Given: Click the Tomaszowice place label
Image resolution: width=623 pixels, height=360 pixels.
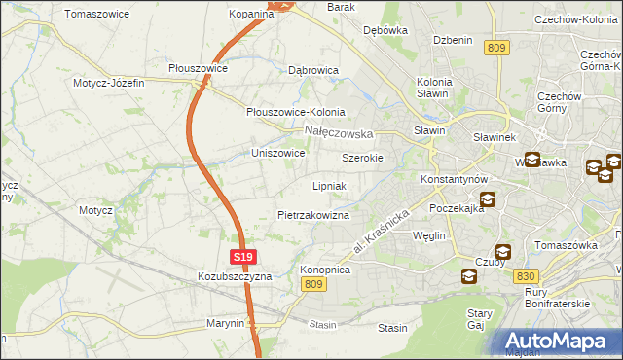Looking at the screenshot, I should (92, 14).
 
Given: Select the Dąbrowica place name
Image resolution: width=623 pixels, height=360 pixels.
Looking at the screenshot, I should (312, 70).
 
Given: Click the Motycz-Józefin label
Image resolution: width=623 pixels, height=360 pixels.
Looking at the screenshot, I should (108, 83).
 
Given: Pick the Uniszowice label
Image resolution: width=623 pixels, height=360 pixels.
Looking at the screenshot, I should (278, 153).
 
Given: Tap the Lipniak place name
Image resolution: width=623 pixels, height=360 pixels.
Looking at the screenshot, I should (330, 185).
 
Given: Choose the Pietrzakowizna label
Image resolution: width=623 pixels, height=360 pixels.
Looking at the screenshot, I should (313, 214).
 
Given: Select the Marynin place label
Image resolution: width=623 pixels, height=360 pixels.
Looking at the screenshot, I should (225, 322).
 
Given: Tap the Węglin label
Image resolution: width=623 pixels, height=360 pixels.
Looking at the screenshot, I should (428, 235).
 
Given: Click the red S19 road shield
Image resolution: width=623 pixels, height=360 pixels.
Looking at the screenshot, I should (243, 257).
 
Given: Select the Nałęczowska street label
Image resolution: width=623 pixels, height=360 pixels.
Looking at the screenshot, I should (339, 131).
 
